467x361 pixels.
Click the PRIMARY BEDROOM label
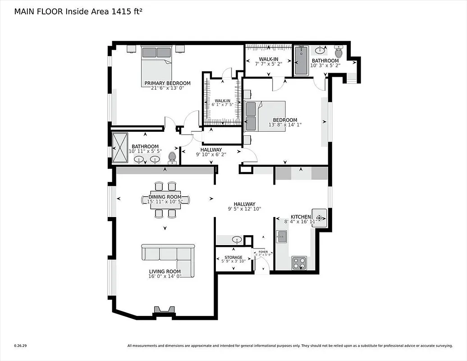pos(167,83)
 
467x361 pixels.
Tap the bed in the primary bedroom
pos(156,63)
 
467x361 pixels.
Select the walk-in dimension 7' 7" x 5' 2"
pos(268,65)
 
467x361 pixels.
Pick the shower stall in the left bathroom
pos(120,148)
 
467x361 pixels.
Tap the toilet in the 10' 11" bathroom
pos(172,157)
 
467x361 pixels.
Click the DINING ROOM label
pos(165,197)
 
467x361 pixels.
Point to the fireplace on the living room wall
pos(163,311)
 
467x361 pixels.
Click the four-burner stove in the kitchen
pos(299,263)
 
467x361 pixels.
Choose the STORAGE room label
pos(233,258)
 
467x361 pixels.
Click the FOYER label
pos(263,252)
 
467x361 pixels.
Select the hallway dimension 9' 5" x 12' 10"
pos(244,209)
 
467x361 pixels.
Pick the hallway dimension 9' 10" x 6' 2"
pos(211,154)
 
